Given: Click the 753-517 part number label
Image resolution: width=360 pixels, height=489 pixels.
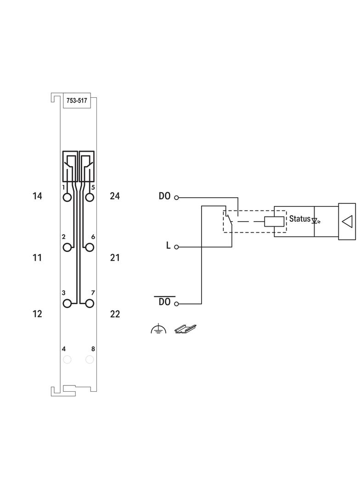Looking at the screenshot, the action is click(77, 100).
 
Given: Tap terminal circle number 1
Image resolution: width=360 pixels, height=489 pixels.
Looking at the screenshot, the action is click(67, 197).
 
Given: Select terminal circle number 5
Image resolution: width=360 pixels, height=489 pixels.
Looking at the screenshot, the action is click(90, 197).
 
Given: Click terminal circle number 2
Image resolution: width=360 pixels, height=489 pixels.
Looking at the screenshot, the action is click(67, 247).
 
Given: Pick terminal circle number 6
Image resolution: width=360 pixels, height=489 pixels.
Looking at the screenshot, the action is click(90, 247).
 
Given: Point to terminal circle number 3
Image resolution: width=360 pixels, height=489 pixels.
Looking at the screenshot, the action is click(67, 303).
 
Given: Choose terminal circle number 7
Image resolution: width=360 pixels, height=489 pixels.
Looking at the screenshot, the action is click(90, 303).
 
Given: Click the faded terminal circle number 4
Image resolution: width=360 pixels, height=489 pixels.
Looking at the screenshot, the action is click(67, 360).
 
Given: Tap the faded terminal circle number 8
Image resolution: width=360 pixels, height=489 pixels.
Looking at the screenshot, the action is click(90, 360).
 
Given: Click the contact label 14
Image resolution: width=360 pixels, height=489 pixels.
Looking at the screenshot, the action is click(37, 196).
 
